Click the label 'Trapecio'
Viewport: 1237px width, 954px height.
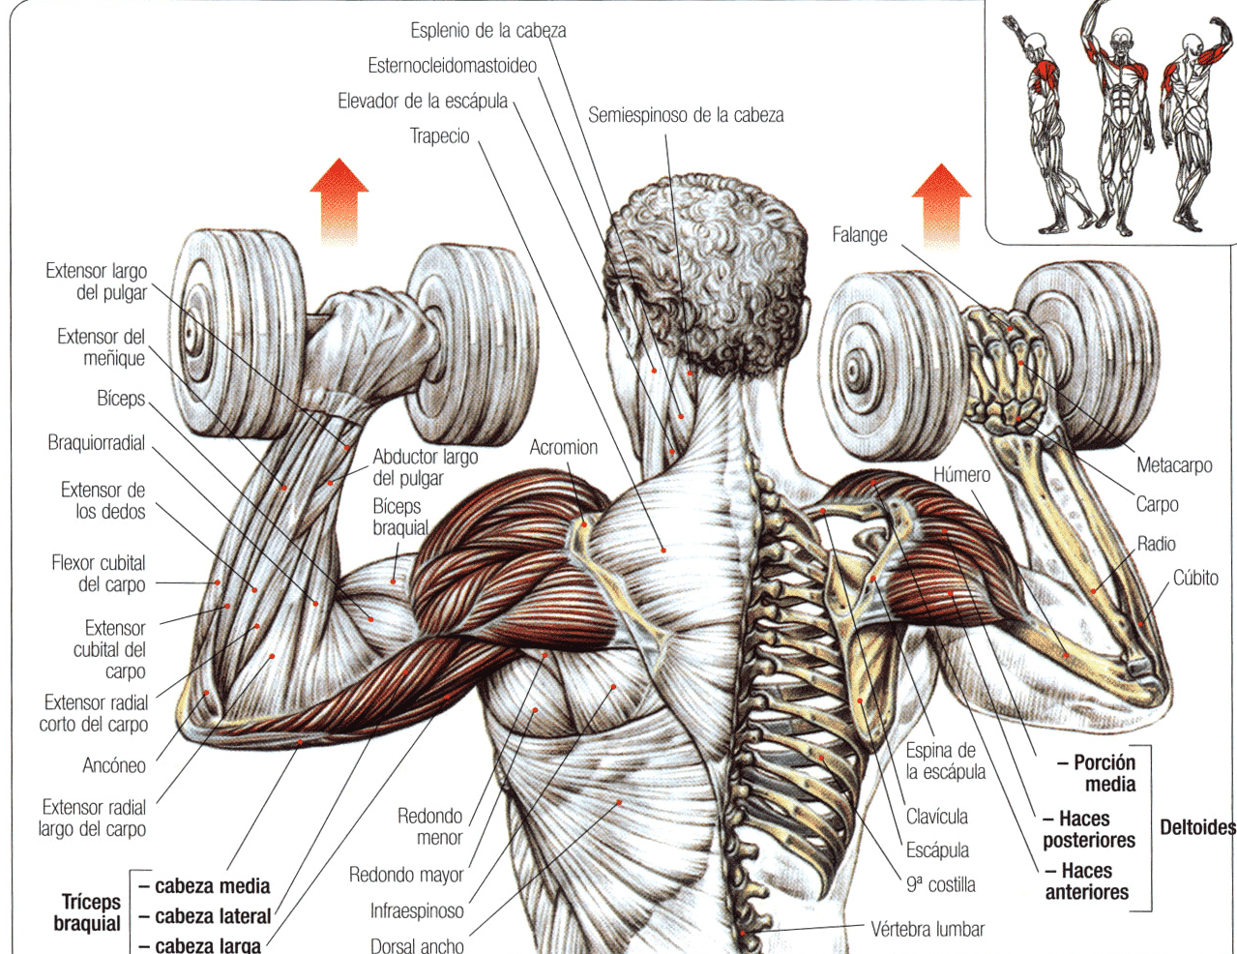pos(439,136)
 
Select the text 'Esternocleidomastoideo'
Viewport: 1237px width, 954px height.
pos(452,66)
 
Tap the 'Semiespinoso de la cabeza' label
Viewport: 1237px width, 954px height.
pos(686,115)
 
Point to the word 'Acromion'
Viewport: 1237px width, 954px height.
pos(564,447)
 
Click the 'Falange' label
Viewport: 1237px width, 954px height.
pos(860,234)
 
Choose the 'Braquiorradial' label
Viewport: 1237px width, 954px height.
pos(96,442)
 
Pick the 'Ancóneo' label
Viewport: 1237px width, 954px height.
pos(114,765)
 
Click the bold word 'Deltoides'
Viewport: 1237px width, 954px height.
pos(1197,827)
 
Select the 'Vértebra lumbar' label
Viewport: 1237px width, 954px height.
pos(928,930)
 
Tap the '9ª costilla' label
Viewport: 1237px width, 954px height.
pos(940,884)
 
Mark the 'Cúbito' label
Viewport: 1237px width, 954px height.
pos(1195,579)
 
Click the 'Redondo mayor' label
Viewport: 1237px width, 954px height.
pos(406,875)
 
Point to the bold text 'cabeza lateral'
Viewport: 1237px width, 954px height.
pos(213,916)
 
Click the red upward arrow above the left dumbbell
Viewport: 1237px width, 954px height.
pos(339,202)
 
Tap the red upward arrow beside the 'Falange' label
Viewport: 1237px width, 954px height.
pos(941,206)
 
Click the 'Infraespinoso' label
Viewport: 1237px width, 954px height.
pos(417,910)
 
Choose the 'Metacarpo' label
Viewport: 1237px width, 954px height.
pos(1174,465)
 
